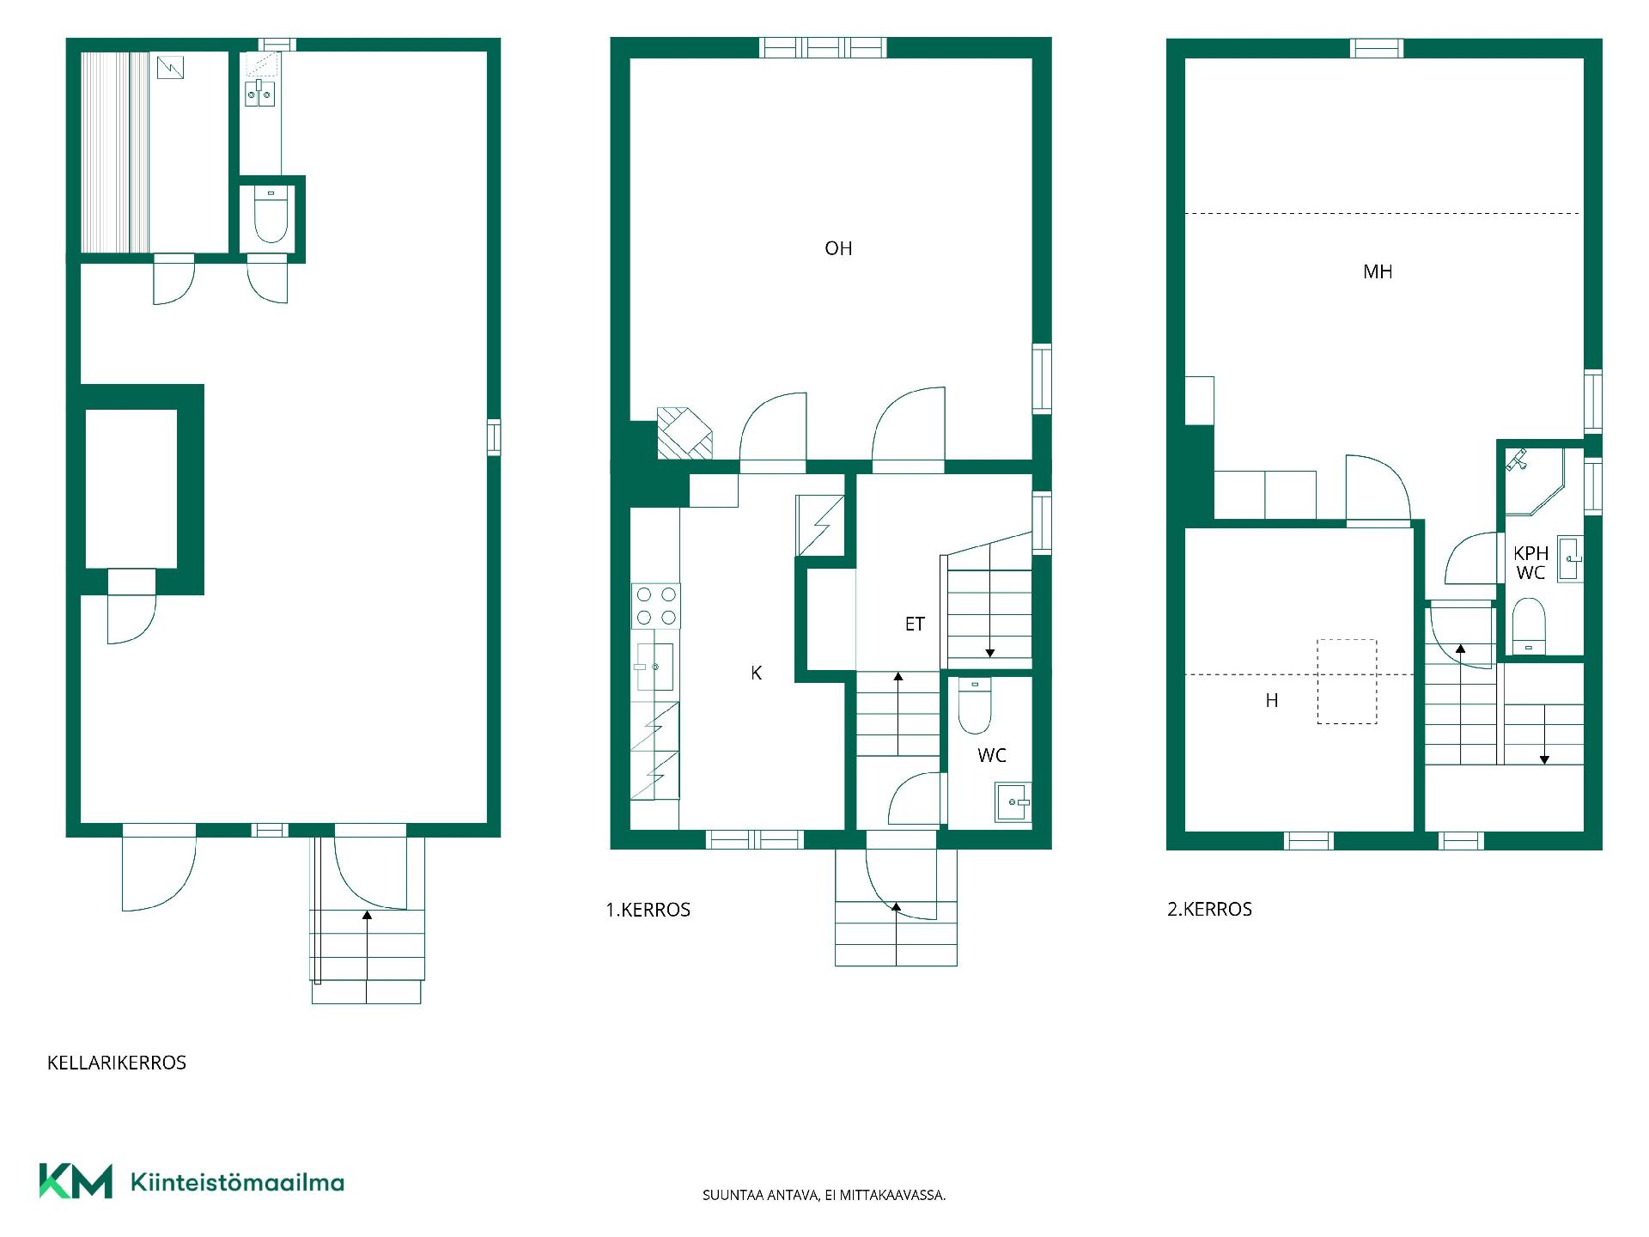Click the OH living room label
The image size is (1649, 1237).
tap(838, 248)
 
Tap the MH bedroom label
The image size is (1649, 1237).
tap(1378, 271)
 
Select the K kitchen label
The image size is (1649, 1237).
tap(756, 673)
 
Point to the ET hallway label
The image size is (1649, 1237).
tap(915, 624)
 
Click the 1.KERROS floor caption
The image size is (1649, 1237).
tap(648, 910)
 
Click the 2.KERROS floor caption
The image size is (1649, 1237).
tap(1209, 909)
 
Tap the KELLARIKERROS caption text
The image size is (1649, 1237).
tap(117, 1063)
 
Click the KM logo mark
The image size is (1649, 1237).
tap(76, 1180)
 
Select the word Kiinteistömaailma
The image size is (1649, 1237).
tap(237, 1182)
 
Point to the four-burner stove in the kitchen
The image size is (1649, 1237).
tap(656, 606)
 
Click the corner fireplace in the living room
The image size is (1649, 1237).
tap(685, 432)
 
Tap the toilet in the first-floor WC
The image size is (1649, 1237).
tap(974, 705)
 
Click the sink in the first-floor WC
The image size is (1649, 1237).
tap(1013, 801)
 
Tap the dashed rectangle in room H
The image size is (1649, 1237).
tap(1347, 681)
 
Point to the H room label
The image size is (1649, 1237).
tap(1272, 701)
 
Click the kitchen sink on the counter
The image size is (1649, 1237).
tap(654, 666)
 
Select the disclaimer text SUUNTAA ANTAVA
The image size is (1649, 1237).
tap(761, 1195)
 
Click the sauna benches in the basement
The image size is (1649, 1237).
tap(115, 152)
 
